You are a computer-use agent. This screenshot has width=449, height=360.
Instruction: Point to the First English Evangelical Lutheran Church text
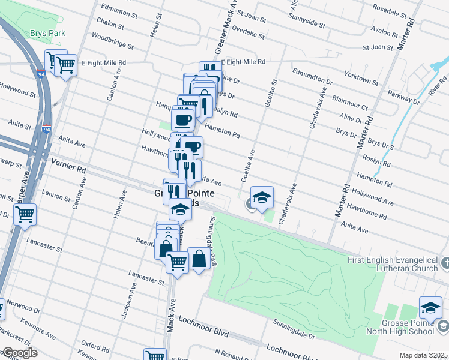[x=393, y=264]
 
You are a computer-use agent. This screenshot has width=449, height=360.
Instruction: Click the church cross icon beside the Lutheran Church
[x=444, y=263]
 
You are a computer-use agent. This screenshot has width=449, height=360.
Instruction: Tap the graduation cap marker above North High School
[x=430, y=307]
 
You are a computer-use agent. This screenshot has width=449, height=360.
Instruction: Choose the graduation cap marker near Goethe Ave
[x=262, y=197]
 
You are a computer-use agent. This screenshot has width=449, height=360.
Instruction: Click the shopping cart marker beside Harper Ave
[x=25, y=214]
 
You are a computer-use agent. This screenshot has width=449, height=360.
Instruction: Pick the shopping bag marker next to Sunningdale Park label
[x=199, y=259]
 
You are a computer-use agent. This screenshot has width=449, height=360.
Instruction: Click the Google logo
[x=19, y=353]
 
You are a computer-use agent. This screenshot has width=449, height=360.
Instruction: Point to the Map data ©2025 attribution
[x=423, y=355]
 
